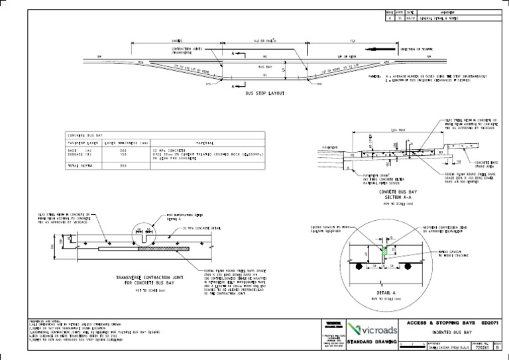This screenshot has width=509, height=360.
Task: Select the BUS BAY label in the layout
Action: (264, 67)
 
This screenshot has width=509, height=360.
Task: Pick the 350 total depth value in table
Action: (123, 165)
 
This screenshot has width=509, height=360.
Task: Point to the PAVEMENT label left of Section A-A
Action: (333, 147)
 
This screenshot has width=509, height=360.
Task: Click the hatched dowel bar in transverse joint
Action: (164, 250)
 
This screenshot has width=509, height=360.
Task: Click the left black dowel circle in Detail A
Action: (359, 268)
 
